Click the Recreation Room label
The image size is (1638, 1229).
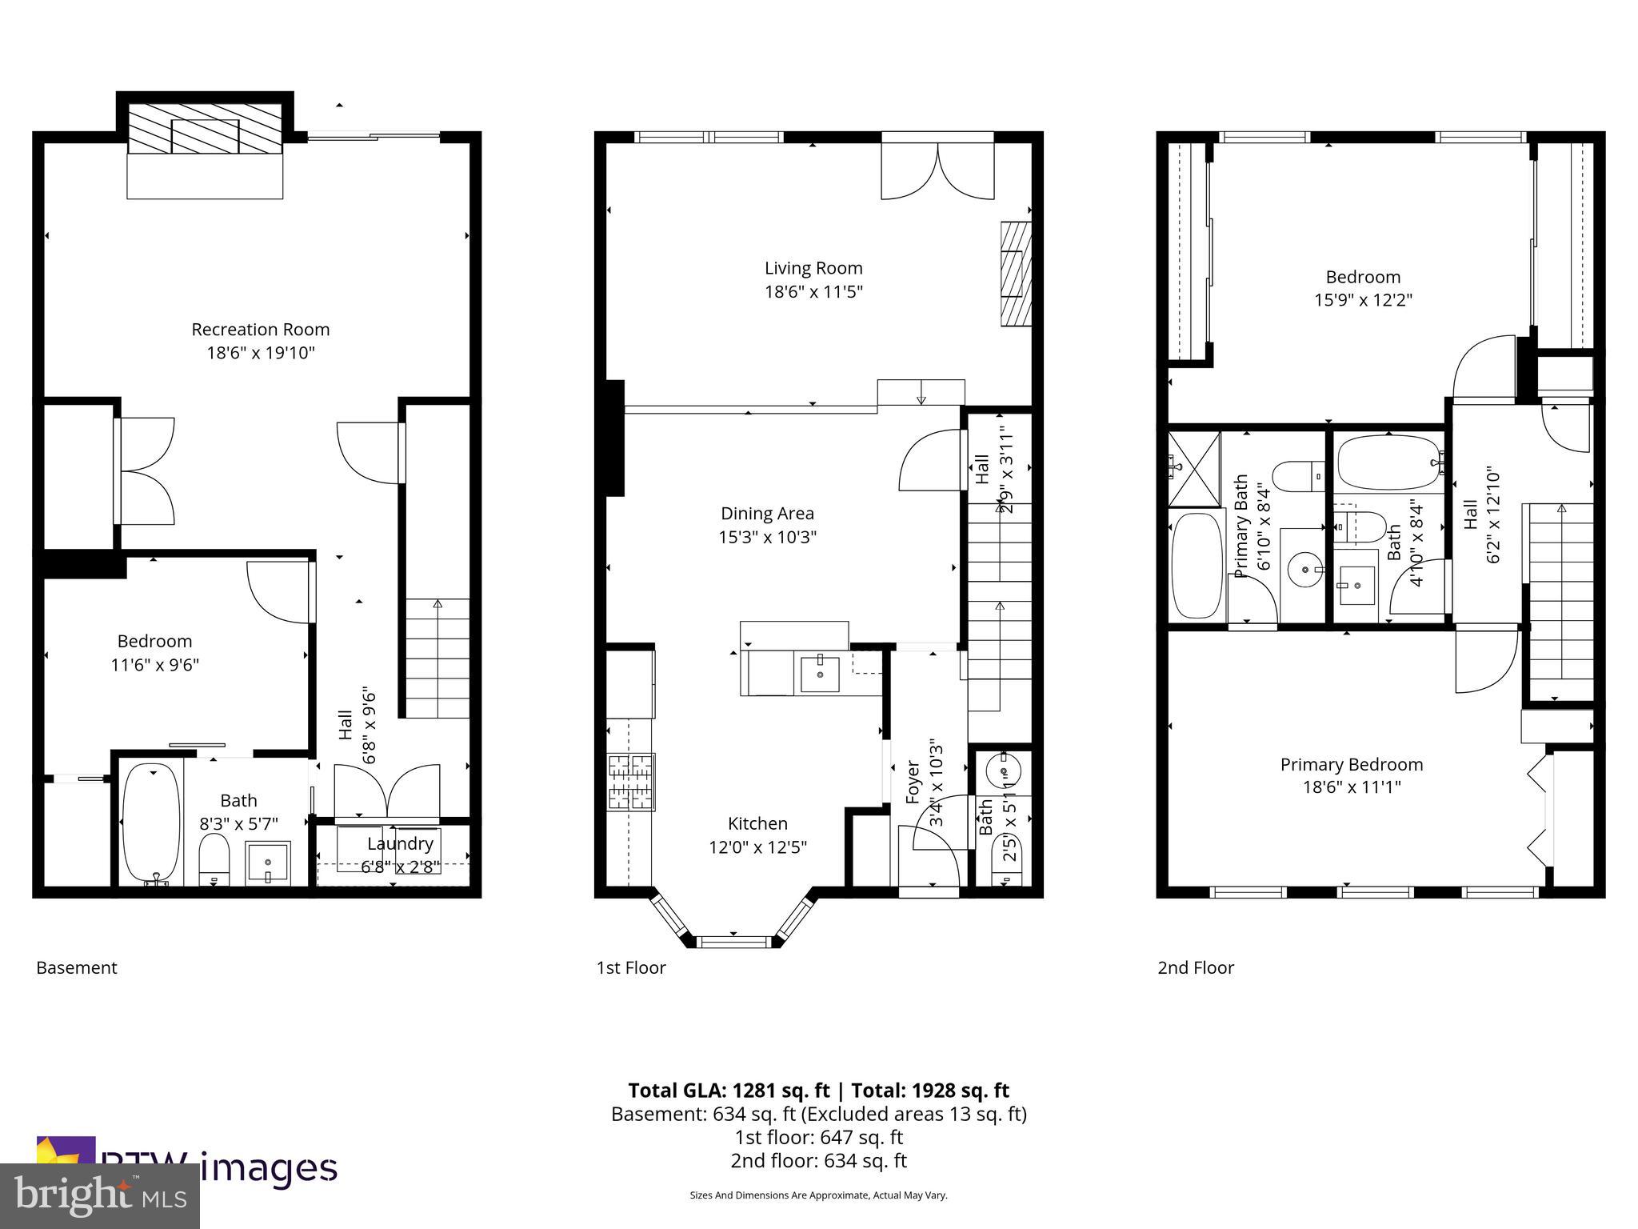tap(260, 329)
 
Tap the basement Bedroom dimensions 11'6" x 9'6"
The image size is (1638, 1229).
tap(154, 665)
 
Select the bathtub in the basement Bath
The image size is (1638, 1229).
tap(150, 823)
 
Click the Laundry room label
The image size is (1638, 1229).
tap(400, 843)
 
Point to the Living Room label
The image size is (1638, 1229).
tap(813, 268)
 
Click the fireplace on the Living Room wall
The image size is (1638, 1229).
tap(1014, 273)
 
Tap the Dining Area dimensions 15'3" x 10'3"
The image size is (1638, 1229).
tap(767, 537)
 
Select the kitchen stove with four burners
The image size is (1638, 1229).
tap(631, 782)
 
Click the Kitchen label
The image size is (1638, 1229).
tap(757, 823)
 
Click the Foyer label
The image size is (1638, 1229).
tap(913, 782)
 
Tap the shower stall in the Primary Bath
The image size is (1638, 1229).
tap(1194, 469)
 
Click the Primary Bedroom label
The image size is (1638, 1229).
tap(1352, 764)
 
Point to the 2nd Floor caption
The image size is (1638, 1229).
tap(1196, 967)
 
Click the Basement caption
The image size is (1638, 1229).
tap(77, 967)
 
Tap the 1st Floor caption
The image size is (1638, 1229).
tap(631, 967)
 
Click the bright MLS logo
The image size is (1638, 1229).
tap(100, 1196)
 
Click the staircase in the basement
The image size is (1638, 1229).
tap(437, 658)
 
